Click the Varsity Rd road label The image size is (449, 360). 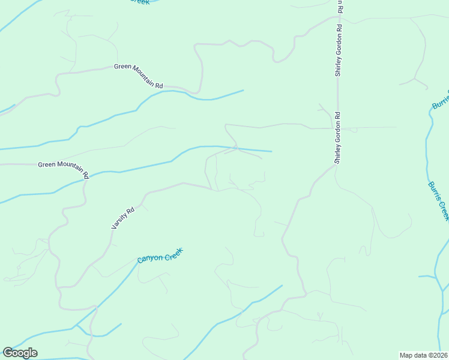coord(123,218)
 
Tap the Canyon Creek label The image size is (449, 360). coord(160,255)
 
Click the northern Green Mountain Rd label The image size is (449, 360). coord(139,76)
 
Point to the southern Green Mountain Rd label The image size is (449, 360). coord(63,169)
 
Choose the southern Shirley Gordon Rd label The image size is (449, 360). coord(338,138)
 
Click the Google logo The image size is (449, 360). coord(20,353)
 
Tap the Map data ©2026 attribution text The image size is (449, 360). coord(424,355)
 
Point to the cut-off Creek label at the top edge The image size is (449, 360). coord(139,2)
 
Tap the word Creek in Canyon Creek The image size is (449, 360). coord(173,251)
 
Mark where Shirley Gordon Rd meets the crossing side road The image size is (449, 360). coord(337,128)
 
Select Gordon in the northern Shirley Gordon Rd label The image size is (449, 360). coord(339,42)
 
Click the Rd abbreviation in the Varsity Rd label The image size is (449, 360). coord(130,211)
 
